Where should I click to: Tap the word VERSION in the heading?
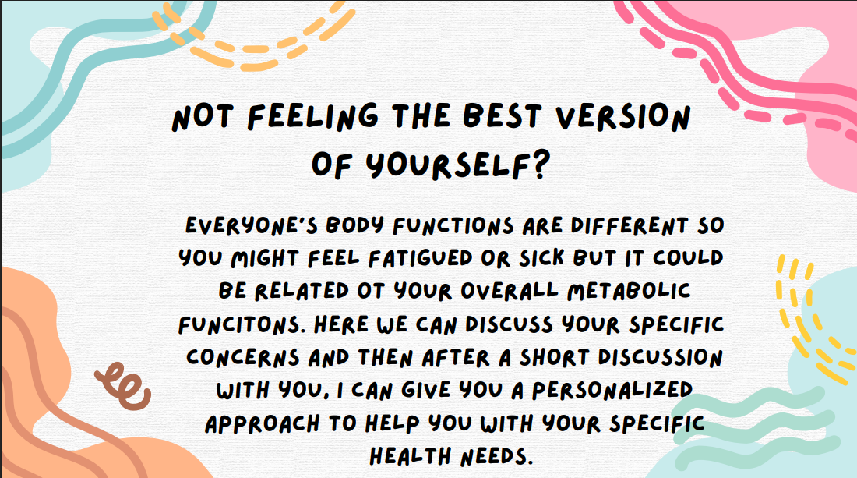tap(623, 116)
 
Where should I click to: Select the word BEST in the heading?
tap(503, 116)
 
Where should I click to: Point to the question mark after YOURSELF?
tap(538, 165)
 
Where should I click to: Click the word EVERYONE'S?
tap(252, 225)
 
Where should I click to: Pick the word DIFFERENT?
tap(630, 225)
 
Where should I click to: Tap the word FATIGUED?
tap(421, 258)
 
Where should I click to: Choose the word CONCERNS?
tap(242, 358)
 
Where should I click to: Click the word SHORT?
tap(554, 358)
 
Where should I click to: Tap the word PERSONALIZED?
tap(612, 390)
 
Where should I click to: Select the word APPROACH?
tap(263, 424)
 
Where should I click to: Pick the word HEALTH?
tap(411, 456)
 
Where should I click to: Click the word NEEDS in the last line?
tap(496, 456)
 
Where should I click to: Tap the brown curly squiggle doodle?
tap(123, 385)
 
